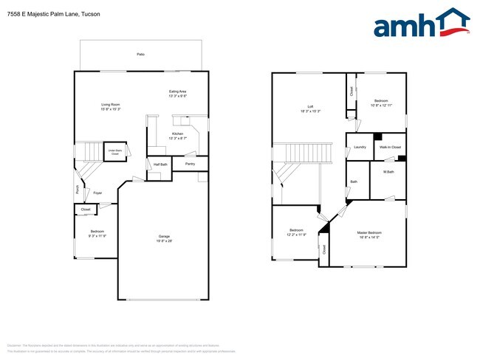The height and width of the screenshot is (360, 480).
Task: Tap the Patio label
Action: coord(140,55)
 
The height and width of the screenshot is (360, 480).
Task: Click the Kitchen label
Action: coord(177,135)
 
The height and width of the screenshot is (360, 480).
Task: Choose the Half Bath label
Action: coord(160,164)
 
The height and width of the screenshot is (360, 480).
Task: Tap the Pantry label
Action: coord(190,164)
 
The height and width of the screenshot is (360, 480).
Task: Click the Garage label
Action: coord(164,238)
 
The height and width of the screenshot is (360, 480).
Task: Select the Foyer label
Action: coord(97,193)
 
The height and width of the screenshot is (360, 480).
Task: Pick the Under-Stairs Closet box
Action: coord(114,152)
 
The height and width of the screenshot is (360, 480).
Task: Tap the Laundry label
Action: coord(360,148)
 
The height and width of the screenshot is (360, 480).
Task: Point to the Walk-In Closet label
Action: coord(390,148)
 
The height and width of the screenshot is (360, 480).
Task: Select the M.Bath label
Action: coord(388,172)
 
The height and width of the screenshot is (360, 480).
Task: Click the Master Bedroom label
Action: coord(369,235)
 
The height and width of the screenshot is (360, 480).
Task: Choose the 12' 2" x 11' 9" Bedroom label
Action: coord(296,232)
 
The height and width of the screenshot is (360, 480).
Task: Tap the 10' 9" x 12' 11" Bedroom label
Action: coord(380,103)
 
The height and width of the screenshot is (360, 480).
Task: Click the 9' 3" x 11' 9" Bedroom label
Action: coord(98,234)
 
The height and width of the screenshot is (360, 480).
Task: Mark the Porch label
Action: coord(78,189)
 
